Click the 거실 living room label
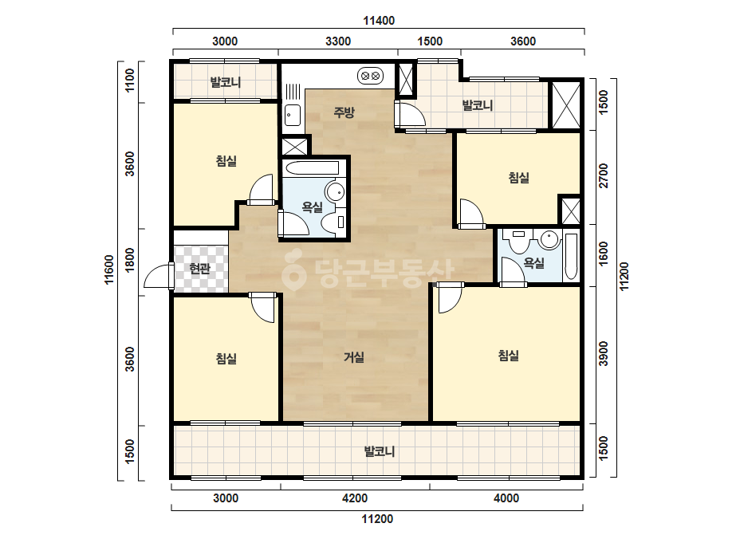coord(354,357)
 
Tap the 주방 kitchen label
coord(344,112)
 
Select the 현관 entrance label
coord(200,269)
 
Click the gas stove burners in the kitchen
coord(370,76)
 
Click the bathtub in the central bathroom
coord(311,168)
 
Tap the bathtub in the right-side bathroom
coord(571,256)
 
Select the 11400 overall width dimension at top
coord(379,21)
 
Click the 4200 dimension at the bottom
coord(355,498)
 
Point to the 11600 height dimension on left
coord(109,270)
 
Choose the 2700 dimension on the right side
coord(604,175)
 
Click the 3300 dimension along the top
coord(338,41)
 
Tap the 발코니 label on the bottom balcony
coord(380,451)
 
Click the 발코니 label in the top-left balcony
coord(226,83)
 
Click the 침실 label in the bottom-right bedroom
coord(509,356)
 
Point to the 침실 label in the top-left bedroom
coord(226,161)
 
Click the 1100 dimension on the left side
coord(130,81)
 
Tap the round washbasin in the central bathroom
coord(335,192)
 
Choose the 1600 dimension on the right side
coord(604,254)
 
